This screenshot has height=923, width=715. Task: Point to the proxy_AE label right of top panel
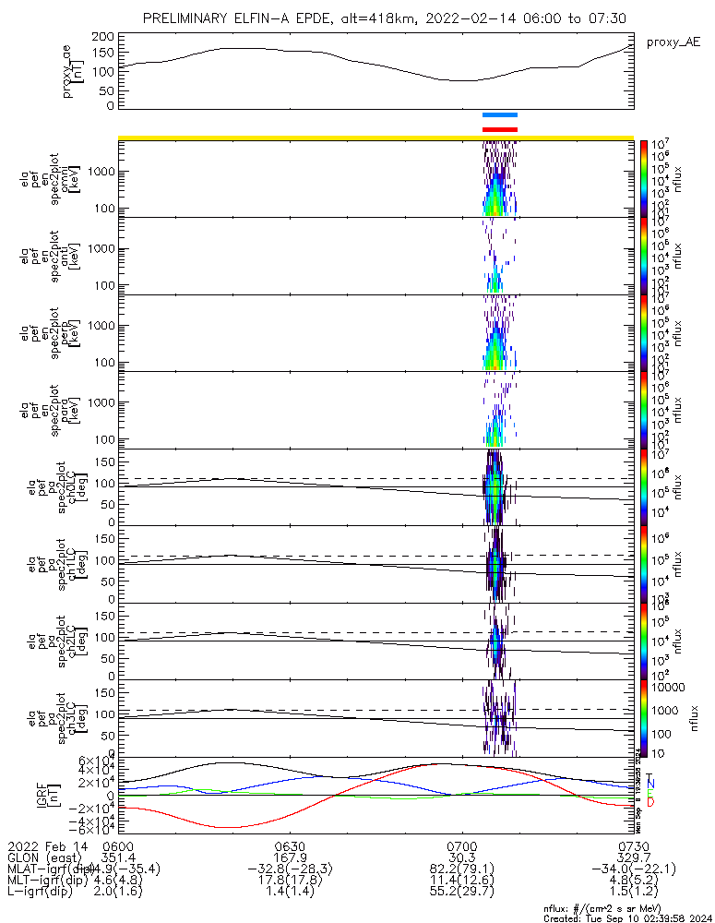coord(673,42)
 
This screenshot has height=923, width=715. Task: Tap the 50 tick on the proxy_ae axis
coord(107,90)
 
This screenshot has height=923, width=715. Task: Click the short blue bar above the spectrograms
coord(500,114)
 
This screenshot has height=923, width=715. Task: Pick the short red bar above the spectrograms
coord(500,129)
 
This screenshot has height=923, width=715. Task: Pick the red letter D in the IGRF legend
coord(649,803)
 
